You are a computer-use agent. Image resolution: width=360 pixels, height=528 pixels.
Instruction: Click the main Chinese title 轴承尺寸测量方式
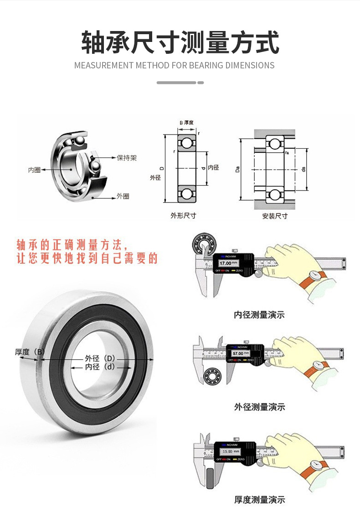(x=180, y=42)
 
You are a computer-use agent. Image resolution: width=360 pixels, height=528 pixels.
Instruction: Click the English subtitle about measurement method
(x=175, y=65)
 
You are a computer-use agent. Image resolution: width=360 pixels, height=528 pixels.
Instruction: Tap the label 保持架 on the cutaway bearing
(x=127, y=158)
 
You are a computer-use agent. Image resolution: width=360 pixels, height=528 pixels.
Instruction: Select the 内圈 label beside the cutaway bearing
(x=34, y=170)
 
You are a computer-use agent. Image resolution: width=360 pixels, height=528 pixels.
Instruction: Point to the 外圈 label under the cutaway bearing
(x=123, y=196)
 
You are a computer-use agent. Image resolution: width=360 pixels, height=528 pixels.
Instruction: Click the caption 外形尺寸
(x=183, y=216)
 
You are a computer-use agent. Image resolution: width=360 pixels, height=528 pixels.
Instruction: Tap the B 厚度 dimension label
(x=186, y=123)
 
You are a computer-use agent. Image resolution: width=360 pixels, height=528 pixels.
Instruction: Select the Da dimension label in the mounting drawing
(x=237, y=170)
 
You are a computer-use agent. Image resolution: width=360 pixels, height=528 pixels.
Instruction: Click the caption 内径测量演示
(x=259, y=315)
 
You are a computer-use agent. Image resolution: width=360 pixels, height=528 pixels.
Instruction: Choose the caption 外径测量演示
(x=259, y=407)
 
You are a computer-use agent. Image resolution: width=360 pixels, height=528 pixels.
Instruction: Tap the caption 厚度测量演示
(x=259, y=500)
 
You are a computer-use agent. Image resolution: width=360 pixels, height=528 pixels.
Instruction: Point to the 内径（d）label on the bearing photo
(x=100, y=366)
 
